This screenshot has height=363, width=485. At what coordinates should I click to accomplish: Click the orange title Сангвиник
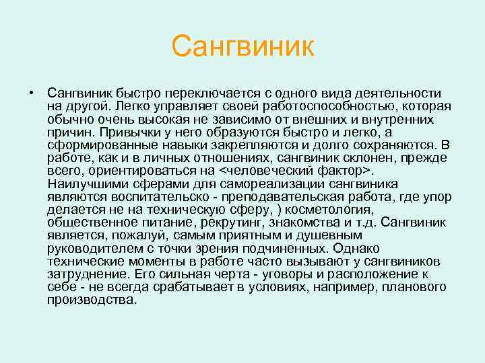click(x=243, y=46)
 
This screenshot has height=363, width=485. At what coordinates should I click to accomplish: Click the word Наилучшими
click(x=84, y=184)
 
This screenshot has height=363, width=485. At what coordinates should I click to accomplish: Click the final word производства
click(x=92, y=300)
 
